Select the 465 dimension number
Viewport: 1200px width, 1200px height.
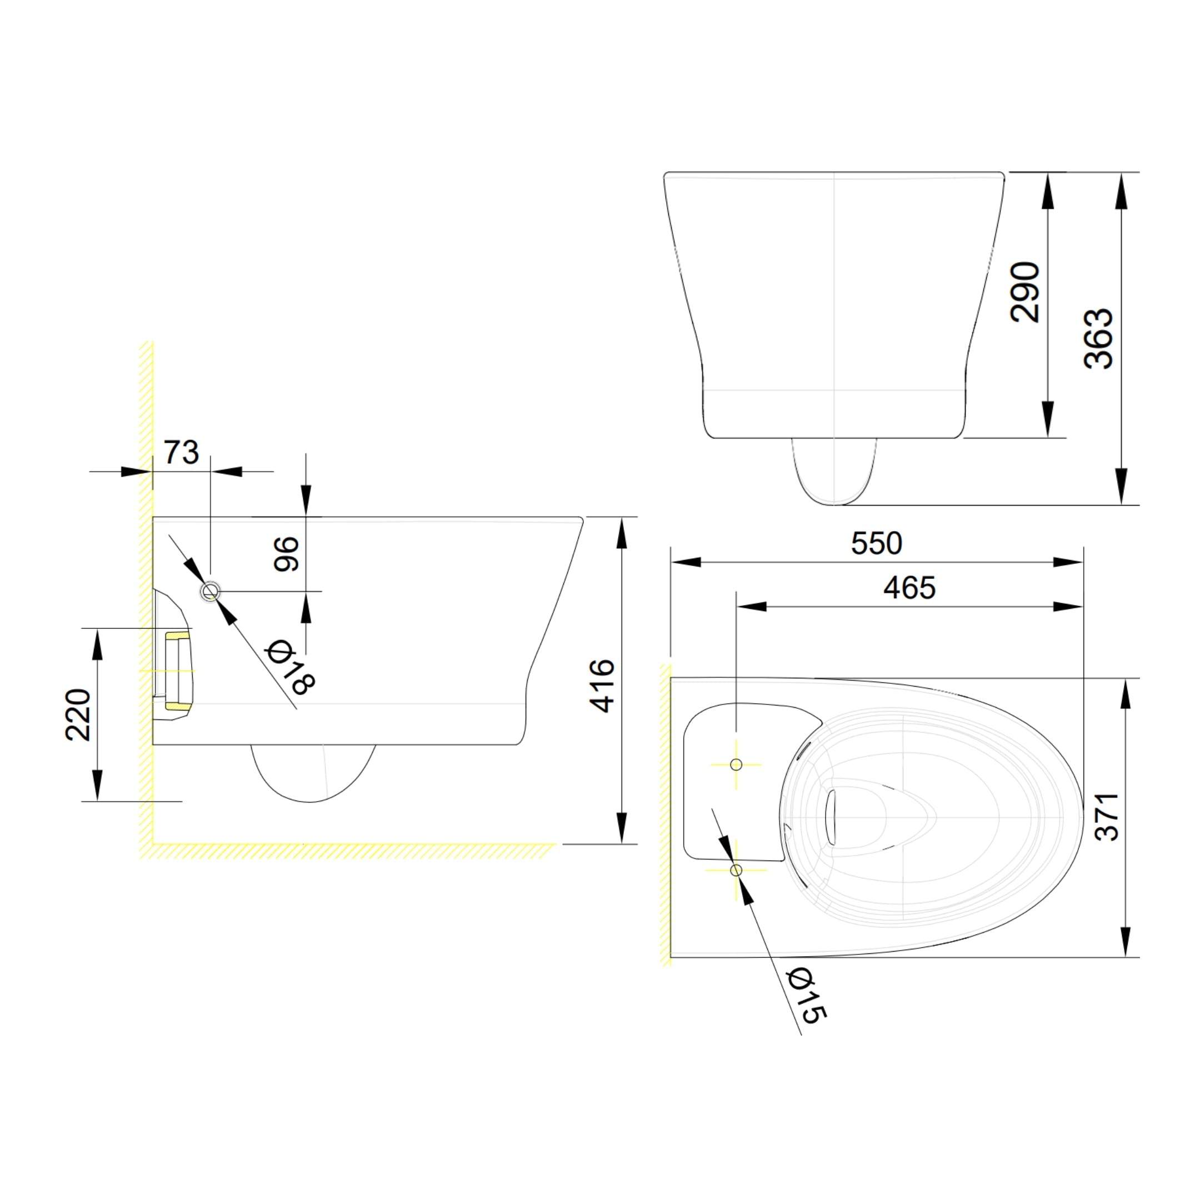click(909, 587)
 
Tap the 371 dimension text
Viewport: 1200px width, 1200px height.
click(1106, 817)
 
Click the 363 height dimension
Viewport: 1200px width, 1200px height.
click(1098, 338)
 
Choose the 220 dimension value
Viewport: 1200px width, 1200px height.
click(78, 714)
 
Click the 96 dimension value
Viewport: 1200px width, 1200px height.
click(286, 554)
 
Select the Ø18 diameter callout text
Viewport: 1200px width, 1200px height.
click(289, 667)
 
